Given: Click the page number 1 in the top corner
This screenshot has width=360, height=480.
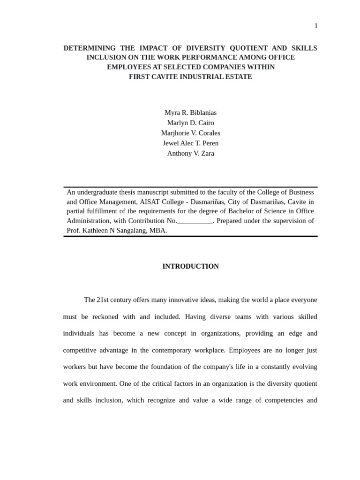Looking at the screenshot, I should click(316, 26).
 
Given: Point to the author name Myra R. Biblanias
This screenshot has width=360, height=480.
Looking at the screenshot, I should click(190, 112).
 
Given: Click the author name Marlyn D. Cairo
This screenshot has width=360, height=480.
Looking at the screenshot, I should click(190, 123).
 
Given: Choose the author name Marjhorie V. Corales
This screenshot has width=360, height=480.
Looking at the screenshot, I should click(190, 133).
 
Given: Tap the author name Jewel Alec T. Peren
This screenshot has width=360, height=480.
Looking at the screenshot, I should click(190, 143).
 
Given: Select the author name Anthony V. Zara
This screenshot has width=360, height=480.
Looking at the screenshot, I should click(190, 153).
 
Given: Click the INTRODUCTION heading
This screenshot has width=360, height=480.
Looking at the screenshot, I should click(190, 266).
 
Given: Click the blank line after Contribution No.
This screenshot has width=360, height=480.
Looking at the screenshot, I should click(195, 221).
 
